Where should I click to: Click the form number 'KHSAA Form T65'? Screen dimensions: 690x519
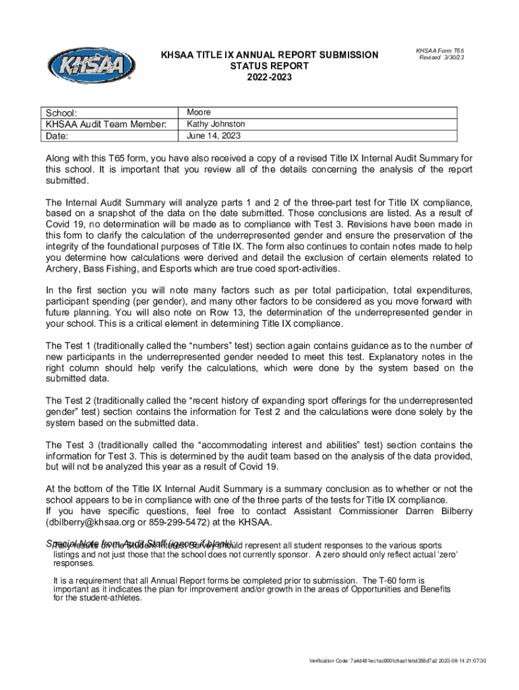click(439, 51)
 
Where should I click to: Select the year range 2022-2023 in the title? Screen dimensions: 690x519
click(270, 77)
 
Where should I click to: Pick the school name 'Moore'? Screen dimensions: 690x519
click(199, 112)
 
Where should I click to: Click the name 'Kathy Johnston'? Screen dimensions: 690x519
click(216, 124)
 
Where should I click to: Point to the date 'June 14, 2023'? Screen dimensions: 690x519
click(214, 135)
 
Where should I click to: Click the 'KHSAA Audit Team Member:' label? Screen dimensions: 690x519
click(106, 124)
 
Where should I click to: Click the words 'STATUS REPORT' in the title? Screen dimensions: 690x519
click(270, 66)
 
